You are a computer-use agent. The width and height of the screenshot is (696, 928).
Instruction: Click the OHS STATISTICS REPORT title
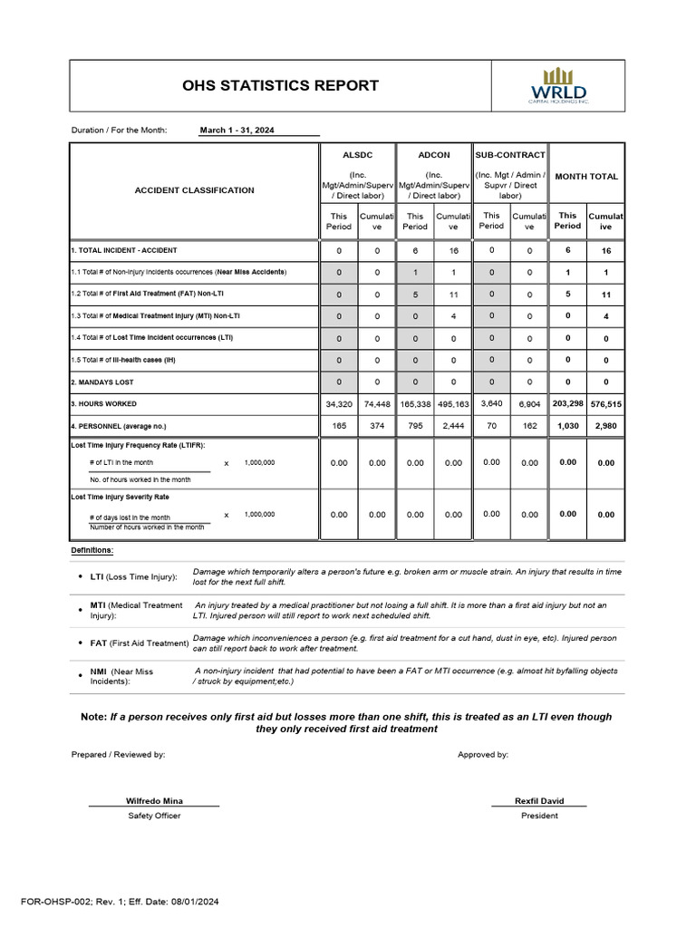280,86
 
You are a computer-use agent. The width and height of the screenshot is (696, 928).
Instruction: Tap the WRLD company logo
558,86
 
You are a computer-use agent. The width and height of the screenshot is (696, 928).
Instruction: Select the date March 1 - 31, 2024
237,130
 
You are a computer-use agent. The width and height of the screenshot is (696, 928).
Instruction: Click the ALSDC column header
357,155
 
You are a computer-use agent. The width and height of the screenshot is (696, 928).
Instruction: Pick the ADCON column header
433,155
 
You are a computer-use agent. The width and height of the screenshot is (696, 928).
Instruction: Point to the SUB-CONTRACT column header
510,155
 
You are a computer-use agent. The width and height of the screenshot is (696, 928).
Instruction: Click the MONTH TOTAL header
586,176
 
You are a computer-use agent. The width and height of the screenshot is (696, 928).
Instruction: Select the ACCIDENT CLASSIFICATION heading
195,190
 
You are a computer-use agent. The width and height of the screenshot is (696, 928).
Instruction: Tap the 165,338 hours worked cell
415,404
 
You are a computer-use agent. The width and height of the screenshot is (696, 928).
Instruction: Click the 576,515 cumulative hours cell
605,404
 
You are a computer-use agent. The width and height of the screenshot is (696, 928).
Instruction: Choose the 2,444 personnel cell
453,426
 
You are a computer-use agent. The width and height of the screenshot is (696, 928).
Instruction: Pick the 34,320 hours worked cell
338,404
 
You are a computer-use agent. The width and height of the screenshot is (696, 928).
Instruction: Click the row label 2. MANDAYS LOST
102,382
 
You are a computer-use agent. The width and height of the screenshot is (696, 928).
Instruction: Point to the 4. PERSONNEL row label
119,426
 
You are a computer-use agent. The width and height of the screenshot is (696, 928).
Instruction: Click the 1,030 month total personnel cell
567,426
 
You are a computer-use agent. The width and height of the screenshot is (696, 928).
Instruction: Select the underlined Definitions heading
92,550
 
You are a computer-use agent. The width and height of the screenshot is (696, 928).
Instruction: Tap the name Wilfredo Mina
153,801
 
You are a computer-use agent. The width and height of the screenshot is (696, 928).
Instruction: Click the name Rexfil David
539,801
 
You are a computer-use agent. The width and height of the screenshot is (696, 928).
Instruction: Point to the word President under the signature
539,816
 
